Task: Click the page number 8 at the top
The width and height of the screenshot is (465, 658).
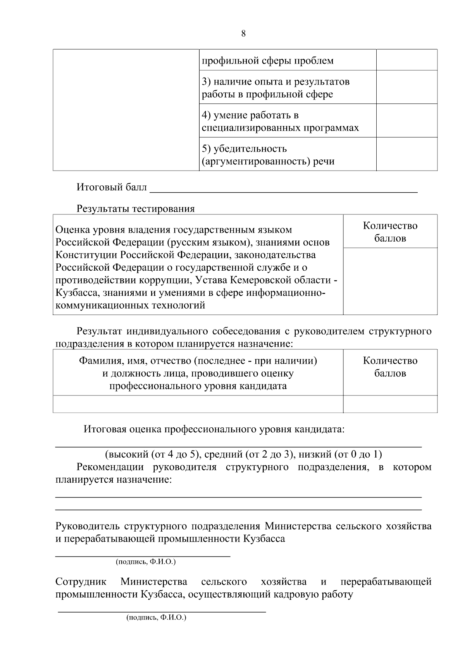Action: click(243, 34)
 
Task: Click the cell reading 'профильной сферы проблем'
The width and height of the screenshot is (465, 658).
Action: click(268, 61)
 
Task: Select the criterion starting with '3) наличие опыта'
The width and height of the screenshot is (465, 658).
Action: click(276, 88)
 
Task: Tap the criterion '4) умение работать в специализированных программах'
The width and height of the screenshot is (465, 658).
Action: click(280, 121)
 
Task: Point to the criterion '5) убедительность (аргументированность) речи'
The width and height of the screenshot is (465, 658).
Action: click(268, 155)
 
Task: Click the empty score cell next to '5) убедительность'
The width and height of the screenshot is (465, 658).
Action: click(406, 154)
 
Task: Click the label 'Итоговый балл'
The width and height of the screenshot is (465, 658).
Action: click(112, 188)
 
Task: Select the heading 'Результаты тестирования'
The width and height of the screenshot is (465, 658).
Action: click(136, 209)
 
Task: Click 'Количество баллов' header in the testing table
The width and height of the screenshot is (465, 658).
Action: click(390, 232)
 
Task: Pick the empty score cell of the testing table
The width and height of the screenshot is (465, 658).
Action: click(390, 281)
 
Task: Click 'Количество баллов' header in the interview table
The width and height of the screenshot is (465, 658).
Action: click(390, 367)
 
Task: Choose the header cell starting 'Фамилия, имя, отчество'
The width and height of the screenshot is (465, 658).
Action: click(198, 373)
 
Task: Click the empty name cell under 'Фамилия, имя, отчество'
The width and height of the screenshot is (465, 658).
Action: click(198, 404)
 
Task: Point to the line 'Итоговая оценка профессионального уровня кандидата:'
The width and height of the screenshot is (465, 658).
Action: click(214, 430)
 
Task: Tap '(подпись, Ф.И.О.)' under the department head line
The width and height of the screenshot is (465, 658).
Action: click(146, 561)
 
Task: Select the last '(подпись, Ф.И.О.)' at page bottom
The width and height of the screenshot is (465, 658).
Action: click(156, 617)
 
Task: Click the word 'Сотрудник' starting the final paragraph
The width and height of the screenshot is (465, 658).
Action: click(81, 582)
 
